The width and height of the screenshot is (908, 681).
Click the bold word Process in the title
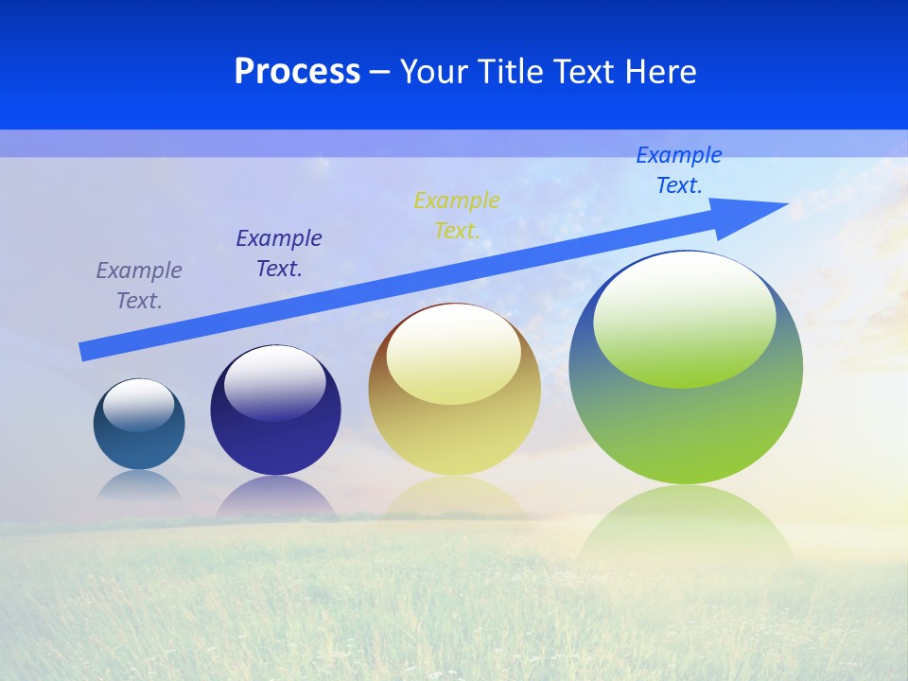(x=297, y=72)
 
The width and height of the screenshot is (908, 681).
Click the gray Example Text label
(x=139, y=286)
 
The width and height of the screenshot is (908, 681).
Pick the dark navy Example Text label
(x=279, y=253)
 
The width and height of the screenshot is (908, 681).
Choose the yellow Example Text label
(x=457, y=216)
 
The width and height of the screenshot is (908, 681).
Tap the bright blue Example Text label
(x=678, y=170)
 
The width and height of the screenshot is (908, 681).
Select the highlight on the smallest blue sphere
(x=139, y=405)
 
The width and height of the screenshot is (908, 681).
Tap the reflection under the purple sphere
(x=275, y=496)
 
